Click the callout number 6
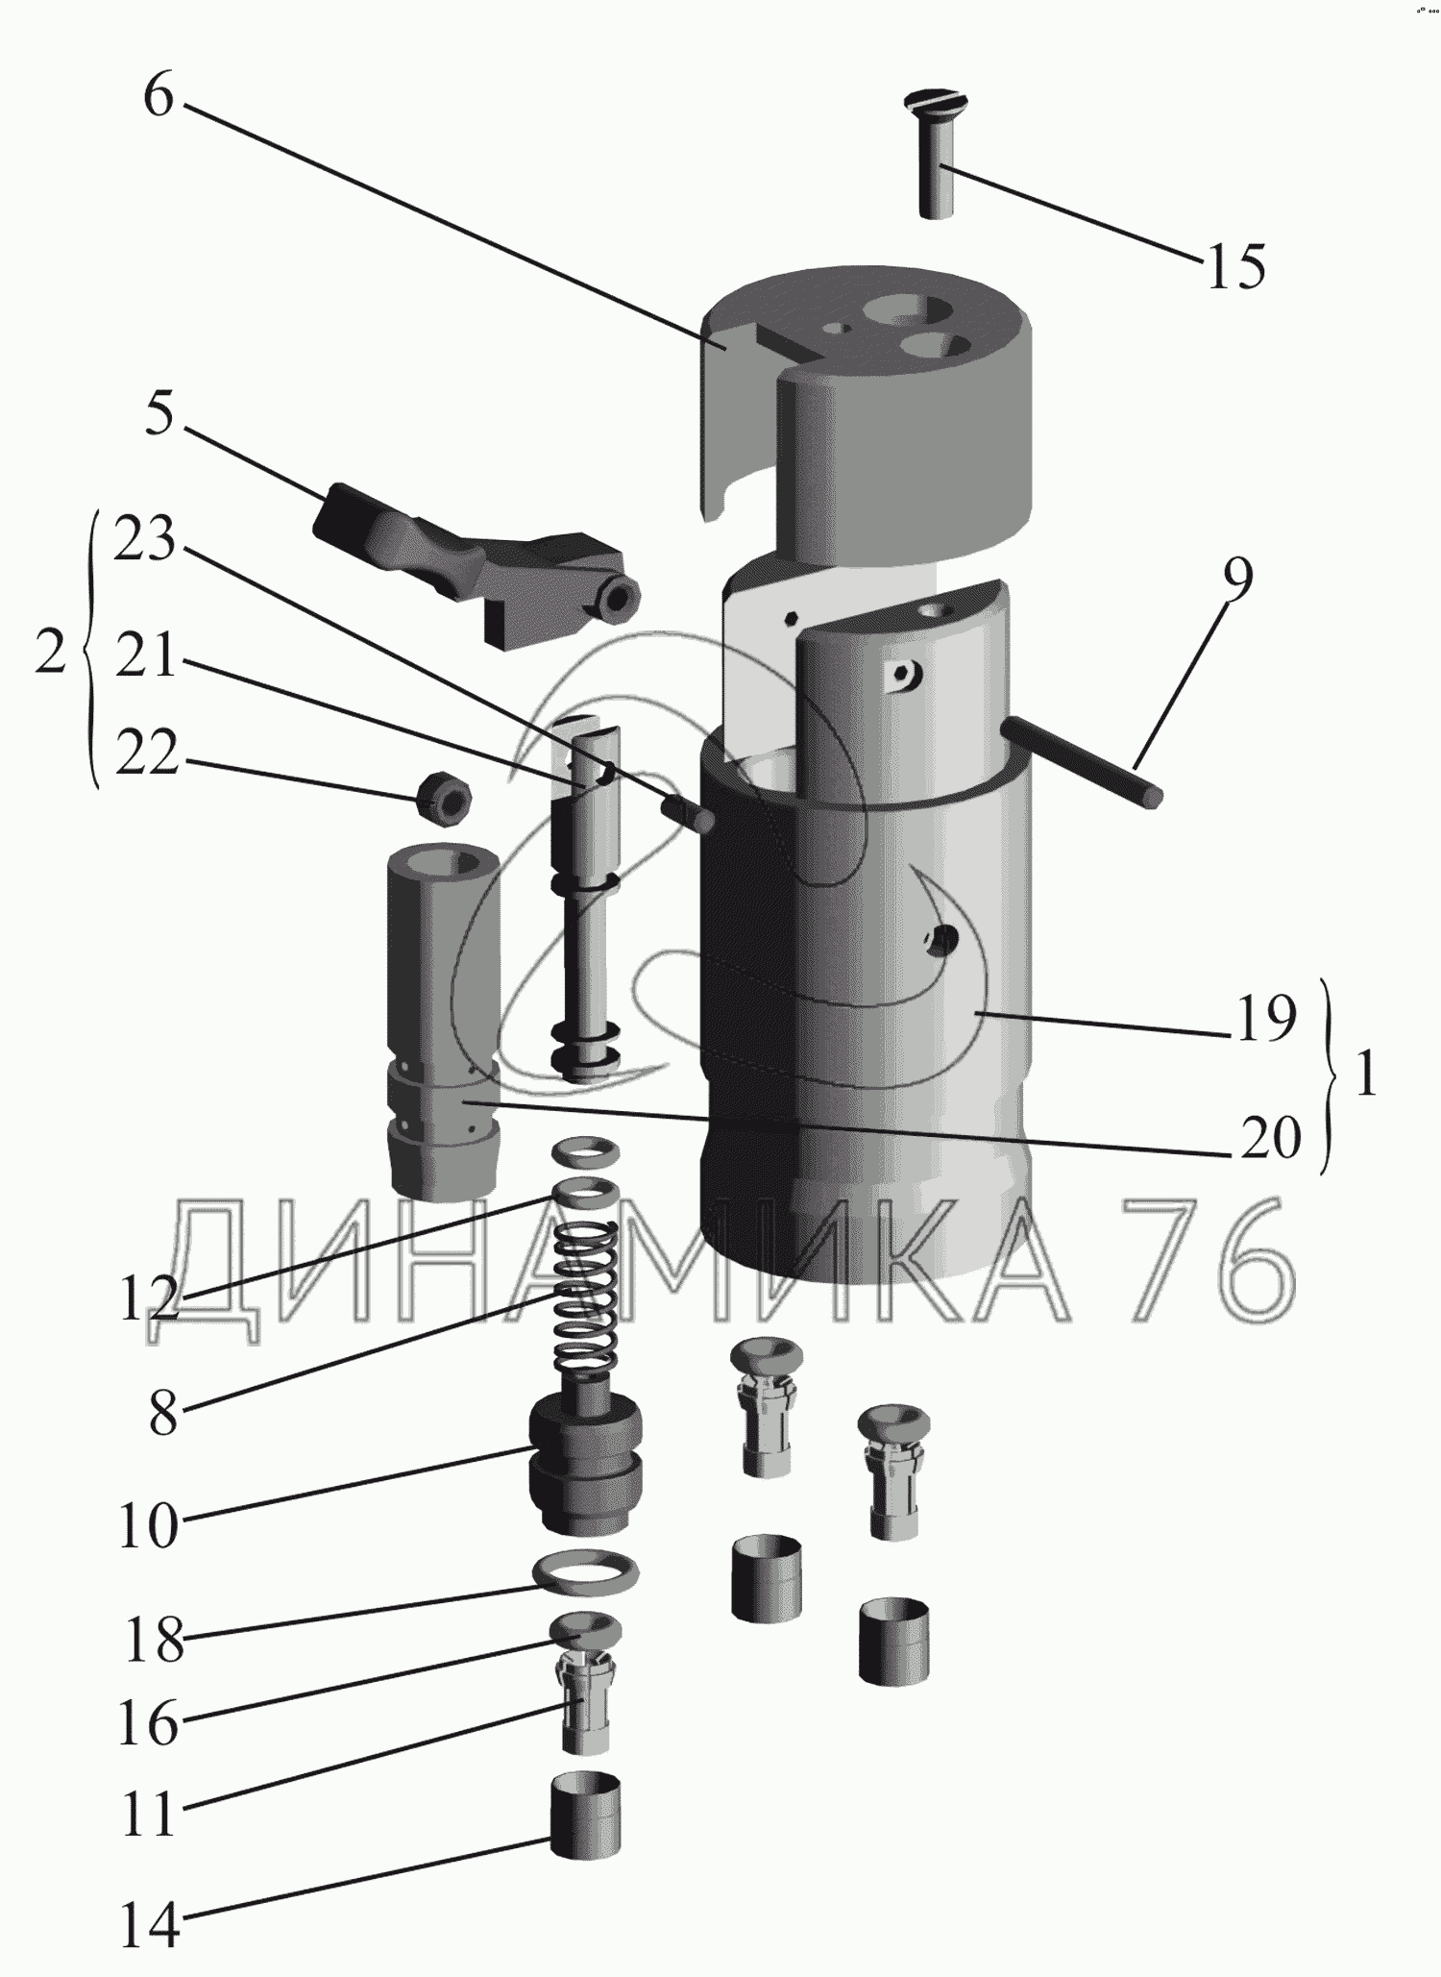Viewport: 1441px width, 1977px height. coord(159,98)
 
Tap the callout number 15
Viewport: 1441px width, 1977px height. coord(1235,266)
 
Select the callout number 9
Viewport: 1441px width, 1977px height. coord(1237,581)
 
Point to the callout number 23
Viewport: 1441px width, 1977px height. coord(145,540)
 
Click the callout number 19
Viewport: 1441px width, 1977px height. coord(1266,1019)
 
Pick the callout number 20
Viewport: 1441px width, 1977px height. coord(1270,1138)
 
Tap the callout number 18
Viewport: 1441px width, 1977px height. coord(154,1641)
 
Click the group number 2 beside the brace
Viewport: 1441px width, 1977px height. coord(50,653)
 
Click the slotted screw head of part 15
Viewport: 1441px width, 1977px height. coord(936,100)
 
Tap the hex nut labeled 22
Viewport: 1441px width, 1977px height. coord(443,795)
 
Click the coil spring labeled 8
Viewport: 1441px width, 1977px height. coord(587,1297)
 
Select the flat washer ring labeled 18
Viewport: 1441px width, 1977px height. coord(586,1572)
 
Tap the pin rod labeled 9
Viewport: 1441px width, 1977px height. coord(1086,763)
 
